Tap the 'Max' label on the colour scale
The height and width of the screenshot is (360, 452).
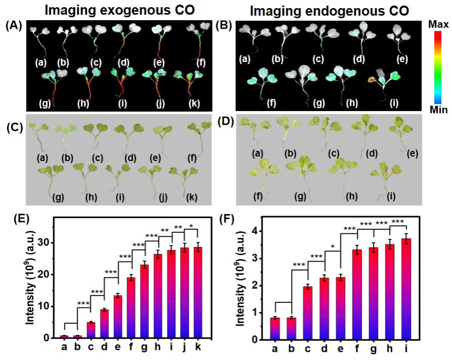[437, 24]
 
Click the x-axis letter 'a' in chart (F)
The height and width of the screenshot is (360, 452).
[275, 348]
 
